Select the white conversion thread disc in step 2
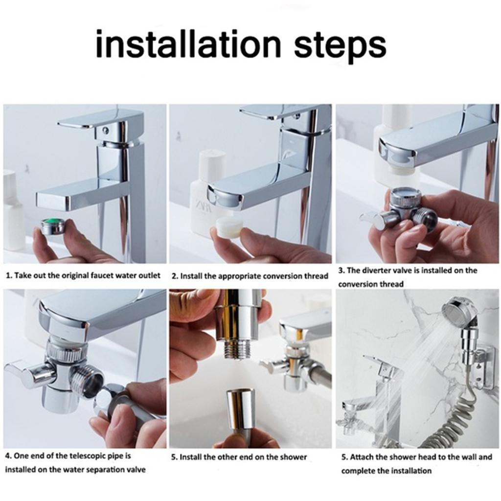(x=229, y=228)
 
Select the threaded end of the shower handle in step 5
(x=237, y=350)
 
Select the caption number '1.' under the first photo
(x=8, y=275)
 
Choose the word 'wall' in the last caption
(x=470, y=457)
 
